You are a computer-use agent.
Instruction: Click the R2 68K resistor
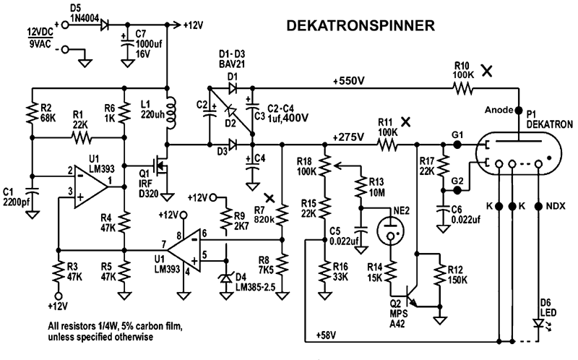point(32,113)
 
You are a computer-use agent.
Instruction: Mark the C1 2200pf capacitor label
point(14,196)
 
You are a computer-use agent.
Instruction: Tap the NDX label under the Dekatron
point(556,206)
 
